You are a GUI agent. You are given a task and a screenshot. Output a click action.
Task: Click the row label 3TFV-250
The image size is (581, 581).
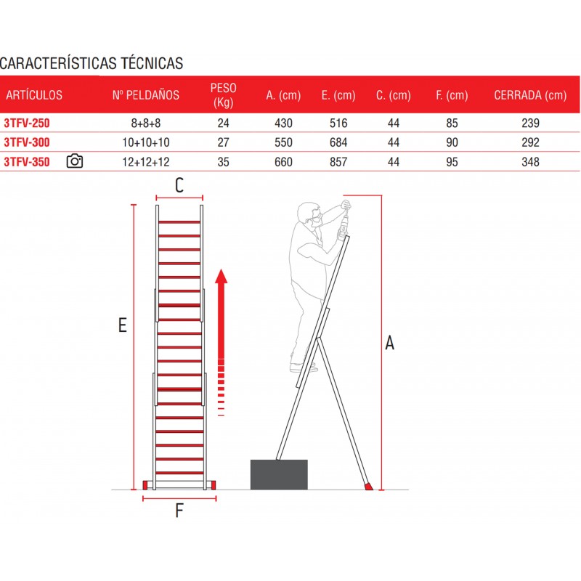[x=27, y=123]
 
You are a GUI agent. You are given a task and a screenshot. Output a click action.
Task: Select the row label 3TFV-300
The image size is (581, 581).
[x=27, y=142]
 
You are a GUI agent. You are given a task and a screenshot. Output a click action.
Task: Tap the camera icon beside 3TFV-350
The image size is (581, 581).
[x=75, y=161]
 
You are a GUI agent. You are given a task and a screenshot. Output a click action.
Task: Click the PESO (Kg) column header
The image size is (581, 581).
[x=223, y=95]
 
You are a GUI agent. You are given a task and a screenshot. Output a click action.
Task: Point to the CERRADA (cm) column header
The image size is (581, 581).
[x=530, y=95]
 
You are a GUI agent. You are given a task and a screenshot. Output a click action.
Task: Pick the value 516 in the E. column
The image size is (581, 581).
[x=338, y=123]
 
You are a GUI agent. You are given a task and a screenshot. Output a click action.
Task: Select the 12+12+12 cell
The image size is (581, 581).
[x=146, y=162]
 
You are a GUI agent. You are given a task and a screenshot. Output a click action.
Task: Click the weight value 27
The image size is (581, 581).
[x=223, y=142]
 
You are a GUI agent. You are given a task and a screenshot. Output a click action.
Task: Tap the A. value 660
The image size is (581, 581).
[x=283, y=162]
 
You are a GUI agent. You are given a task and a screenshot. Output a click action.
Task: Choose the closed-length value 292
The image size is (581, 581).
[x=530, y=142]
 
